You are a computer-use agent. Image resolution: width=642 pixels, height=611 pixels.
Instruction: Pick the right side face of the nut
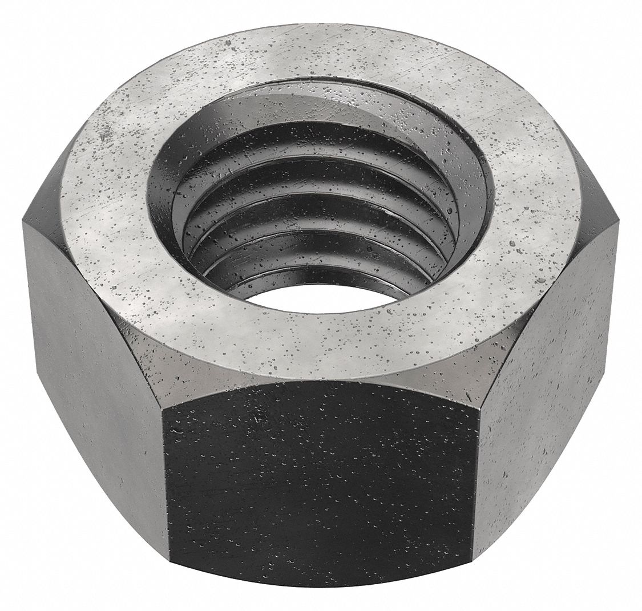pyautogui.click(x=548, y=399)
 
